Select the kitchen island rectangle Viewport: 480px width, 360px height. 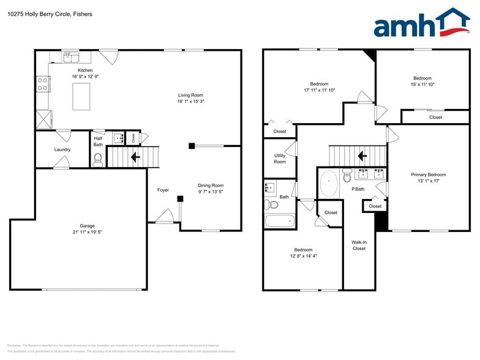[81, 96]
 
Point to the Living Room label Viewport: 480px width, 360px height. [190, 95]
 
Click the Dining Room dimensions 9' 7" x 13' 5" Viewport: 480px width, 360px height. [210, 192]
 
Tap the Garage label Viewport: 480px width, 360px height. [87, 226]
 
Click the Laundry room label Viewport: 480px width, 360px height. [62, 149]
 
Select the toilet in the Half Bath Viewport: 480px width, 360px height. [97, 160]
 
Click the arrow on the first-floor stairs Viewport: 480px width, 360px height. [134, 157]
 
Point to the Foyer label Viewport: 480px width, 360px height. [163, 190]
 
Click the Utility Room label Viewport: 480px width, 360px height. [279, 159]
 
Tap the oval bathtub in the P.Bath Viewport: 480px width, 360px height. [329, 183]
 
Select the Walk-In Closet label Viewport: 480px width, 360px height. [359, 245]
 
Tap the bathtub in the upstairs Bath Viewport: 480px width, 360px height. [280, 220]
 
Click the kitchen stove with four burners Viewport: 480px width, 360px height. [43, 84]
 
